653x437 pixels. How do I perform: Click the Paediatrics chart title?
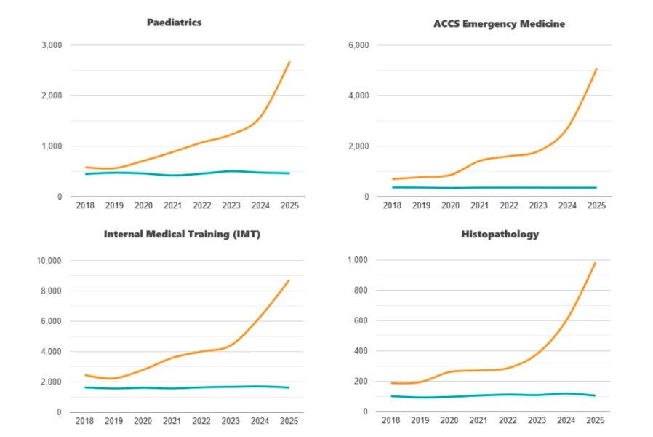[x=175, y=23]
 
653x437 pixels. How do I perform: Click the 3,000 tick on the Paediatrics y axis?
[x=52, y=45]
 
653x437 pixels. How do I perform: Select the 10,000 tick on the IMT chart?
[x=49, y=261]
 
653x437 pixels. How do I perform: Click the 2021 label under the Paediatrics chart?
[x=172, y=205]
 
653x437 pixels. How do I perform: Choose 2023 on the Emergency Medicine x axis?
[x=537, y=205]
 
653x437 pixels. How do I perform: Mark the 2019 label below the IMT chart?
[x=114, y=421]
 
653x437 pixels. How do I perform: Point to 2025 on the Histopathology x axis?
[x=596, y=421]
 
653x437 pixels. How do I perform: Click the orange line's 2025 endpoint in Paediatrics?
[x=289, y=62]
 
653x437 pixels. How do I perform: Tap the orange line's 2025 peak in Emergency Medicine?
[x=596, y=69]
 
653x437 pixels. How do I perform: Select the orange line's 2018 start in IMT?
[x=86, y=375]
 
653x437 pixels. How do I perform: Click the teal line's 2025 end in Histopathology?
[x=596, y=395]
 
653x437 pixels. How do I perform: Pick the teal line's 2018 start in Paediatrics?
[x=86, y=174]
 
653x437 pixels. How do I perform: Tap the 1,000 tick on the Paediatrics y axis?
[x=52, y=146]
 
